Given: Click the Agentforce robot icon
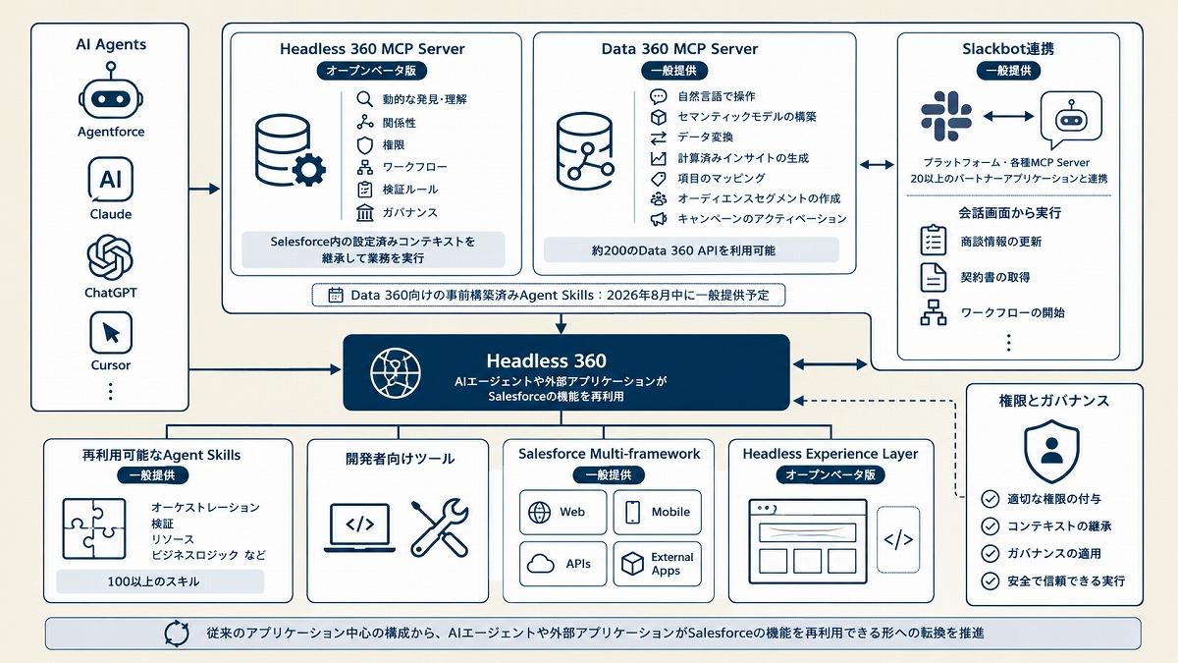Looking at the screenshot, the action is pos(110,91).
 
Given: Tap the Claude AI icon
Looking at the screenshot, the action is pos(110,180).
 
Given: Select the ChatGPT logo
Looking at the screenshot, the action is pos(110,257).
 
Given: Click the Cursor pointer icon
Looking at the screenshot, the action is pos(110,333).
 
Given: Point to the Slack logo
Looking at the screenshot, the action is pos(946,116).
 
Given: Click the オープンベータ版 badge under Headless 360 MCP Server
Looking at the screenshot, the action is pos(371,71).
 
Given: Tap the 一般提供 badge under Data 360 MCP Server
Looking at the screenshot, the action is pos(674,71).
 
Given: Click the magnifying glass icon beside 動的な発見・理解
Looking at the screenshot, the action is pos(364,99).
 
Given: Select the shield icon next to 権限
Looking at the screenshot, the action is pos(364,145).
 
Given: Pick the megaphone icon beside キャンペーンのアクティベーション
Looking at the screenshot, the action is pos(659,219).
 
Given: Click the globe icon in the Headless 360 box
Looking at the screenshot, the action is pos(396,372).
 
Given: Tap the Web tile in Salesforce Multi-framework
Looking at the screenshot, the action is pos(562,512).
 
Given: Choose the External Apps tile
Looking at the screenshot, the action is pos(657,564).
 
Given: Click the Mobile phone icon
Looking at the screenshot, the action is pos(632,512).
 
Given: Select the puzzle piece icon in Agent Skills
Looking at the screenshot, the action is pos(94,528).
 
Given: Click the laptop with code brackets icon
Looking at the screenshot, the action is pos(359,527).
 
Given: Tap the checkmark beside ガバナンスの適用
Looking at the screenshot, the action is pos(991,554).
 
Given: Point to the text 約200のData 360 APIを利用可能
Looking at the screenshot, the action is pos(683,250).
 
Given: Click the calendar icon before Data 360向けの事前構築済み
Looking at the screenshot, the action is pos(336,296).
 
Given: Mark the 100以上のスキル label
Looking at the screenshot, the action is pos(153,581).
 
